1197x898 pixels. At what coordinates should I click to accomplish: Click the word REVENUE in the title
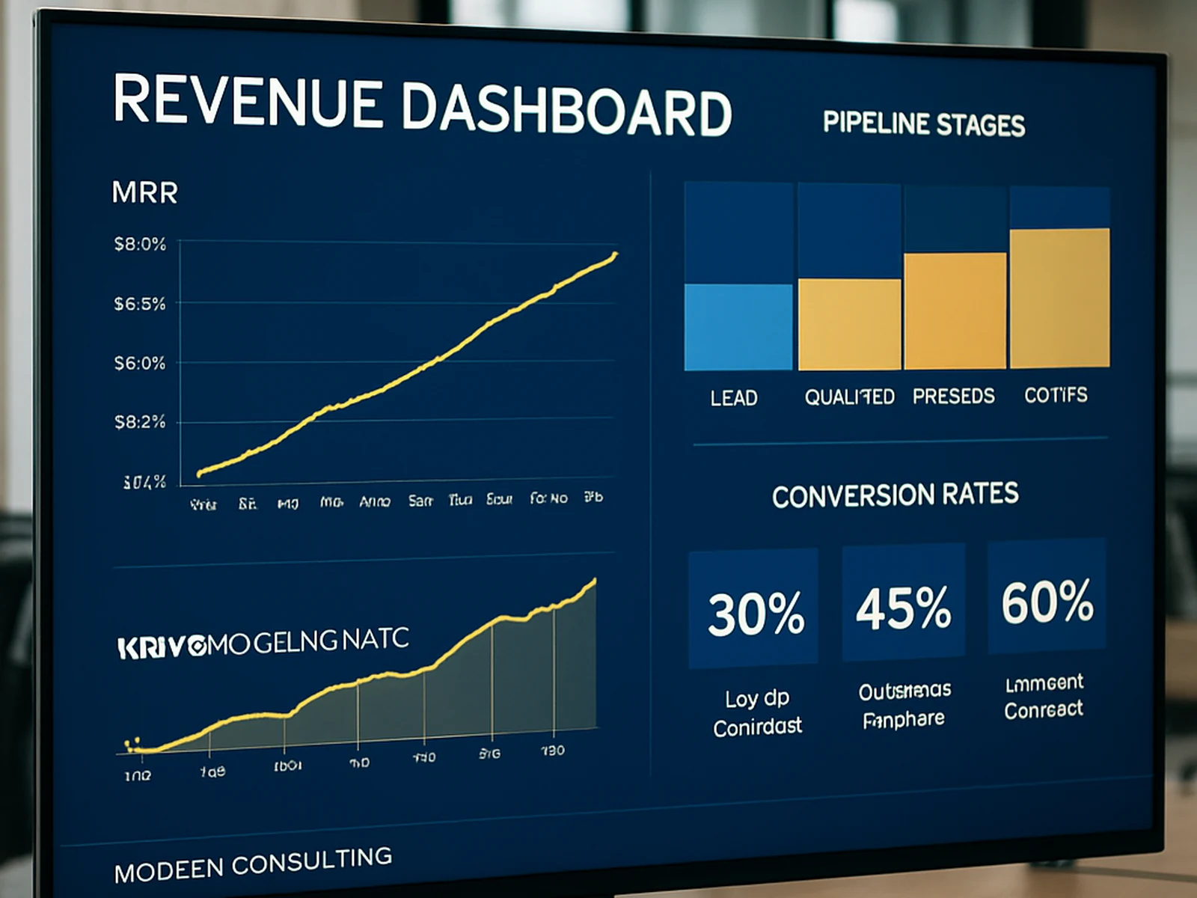click(247, 101)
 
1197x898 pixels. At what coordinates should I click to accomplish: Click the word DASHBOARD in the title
click(566, 111)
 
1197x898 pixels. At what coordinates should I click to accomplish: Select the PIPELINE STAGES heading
click(923, 123)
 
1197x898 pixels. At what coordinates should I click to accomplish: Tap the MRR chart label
click(144, 193)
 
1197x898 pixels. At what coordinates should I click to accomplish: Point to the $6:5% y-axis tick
click(140, 304)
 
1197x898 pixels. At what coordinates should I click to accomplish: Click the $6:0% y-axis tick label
click(140, 364)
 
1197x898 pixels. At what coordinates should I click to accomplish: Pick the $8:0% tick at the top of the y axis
click(140, 244)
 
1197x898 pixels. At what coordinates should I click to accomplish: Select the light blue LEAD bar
click(738, 327)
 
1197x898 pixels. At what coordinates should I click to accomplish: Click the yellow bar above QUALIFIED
click(849, 324)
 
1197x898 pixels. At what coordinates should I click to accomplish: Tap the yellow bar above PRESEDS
click(955, 311)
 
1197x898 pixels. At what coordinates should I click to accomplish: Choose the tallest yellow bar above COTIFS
click(1059, 298)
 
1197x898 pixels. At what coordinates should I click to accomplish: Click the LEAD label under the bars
click(734, 398)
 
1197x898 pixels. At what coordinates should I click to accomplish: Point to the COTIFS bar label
click(1056, 395)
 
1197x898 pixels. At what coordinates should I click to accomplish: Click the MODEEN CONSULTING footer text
click(253, 864)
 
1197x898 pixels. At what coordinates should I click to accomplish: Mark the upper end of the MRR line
click(615, 255)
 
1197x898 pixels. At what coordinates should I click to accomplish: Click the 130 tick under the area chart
click(552, 751)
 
